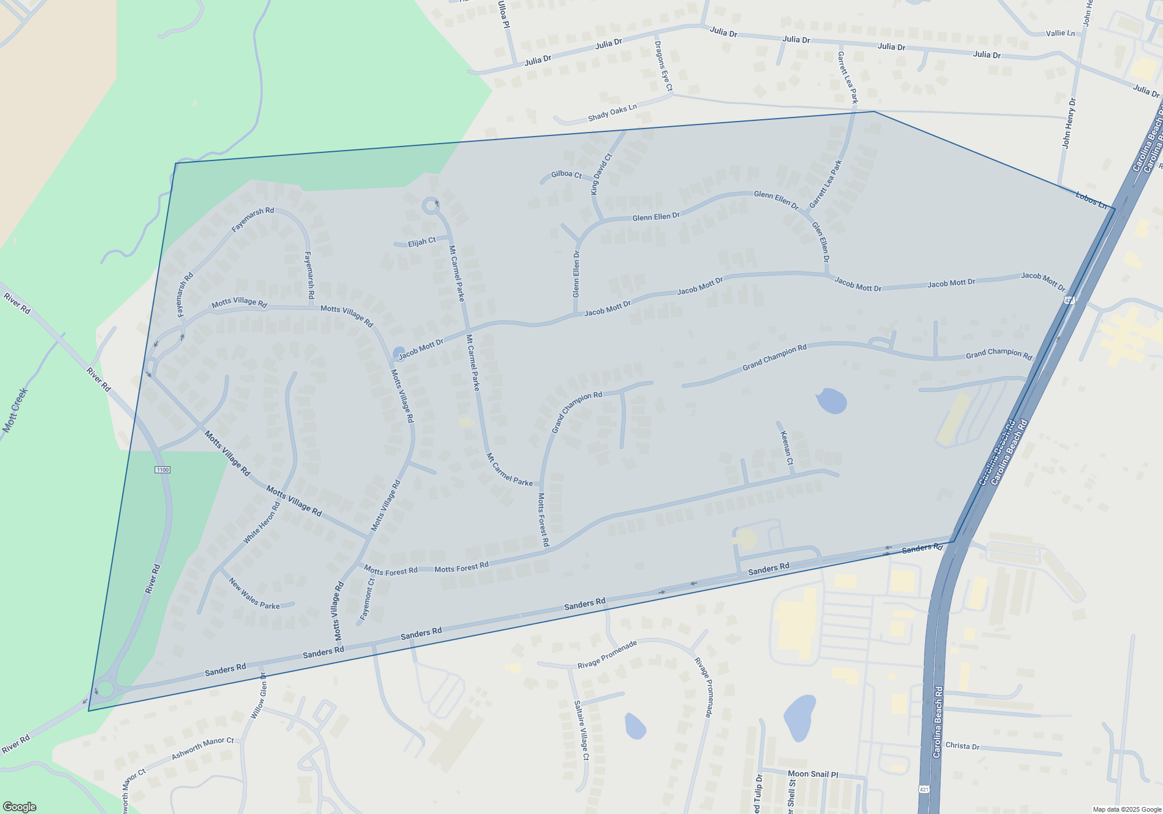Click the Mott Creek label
coord(15,410)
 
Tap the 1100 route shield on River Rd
coord(162,470)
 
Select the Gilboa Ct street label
coord(566,174)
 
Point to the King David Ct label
coord(601,174)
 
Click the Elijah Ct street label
coord(422,241)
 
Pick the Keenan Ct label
coord(786,447)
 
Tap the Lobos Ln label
coord(1091,200)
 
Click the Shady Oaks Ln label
coord(612,112)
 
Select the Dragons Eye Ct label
coord(663,66)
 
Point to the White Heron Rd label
coord(262,523)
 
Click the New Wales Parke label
coord(254,594)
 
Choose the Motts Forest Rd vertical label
coord(543,519)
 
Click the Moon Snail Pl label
coord(812,774)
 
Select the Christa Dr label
coord(962,745)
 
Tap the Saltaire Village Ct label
coord(581,730)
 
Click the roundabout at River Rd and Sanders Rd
coord(105,690)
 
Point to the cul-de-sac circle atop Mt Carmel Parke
coord(430,205)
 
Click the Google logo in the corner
coord(19,806)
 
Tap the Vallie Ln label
coord(1060,33)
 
